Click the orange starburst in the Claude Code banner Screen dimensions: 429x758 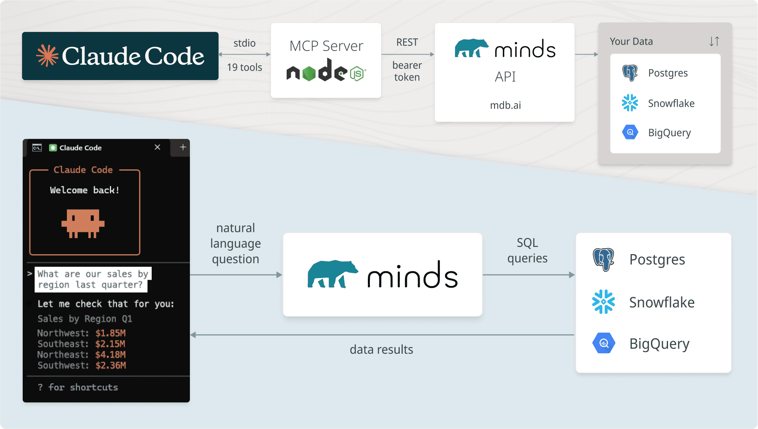47,56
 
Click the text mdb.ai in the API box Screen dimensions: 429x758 505,105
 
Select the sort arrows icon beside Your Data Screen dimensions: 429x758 714,41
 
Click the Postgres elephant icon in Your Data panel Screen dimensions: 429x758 630,73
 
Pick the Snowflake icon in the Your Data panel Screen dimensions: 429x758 630,103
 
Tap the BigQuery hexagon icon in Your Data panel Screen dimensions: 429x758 630,132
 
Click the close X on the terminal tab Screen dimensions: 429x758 157,147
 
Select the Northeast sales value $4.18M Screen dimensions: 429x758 110,355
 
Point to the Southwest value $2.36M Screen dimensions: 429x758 110,365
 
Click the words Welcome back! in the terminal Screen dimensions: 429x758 84,190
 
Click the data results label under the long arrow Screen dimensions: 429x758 381,349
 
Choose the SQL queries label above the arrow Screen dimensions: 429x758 527,250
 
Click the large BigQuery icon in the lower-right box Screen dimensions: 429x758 604,343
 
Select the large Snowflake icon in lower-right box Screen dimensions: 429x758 604,302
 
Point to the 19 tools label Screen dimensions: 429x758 244,67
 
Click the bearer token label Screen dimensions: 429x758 407,71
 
